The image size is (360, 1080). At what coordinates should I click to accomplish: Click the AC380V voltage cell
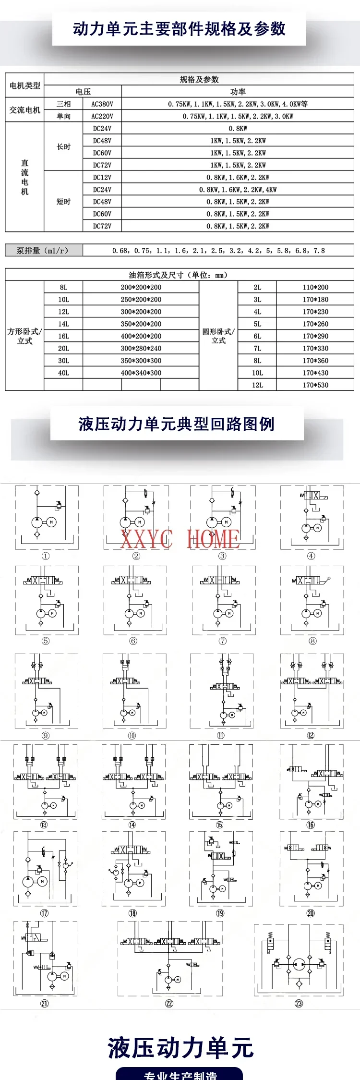point(102,104)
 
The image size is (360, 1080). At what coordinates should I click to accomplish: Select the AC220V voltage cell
point(102,116)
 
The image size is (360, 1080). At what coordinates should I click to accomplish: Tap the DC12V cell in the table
point(102,177)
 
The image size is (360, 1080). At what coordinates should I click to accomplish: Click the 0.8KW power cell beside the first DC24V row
point(238,129)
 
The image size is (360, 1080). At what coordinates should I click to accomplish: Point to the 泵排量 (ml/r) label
point(43,250)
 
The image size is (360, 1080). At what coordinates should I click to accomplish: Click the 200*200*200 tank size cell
point(141,287)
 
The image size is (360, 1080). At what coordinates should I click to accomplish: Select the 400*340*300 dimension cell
point(141,373)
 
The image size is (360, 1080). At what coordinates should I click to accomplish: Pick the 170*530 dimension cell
point(315,385)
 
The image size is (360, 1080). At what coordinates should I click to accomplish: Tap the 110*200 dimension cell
point(315,287)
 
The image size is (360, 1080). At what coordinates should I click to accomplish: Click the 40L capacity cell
point(63,373)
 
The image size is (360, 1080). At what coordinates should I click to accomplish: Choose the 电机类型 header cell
point(25,85)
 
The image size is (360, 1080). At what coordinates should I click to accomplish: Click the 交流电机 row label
point(25,110)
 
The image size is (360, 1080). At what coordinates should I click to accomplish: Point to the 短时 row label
point(63,202)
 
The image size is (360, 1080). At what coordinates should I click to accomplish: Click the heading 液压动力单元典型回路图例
point(177,424)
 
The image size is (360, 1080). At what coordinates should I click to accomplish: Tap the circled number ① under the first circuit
point(46,556)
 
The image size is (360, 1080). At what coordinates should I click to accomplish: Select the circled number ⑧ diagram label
point(312,641)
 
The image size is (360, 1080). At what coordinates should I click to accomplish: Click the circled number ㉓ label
point(299,1003)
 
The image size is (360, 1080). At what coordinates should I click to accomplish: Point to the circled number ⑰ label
point(44,913)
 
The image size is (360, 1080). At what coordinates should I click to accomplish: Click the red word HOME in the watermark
point(213,539)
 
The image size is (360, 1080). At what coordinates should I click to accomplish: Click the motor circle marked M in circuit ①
point(51,522)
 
